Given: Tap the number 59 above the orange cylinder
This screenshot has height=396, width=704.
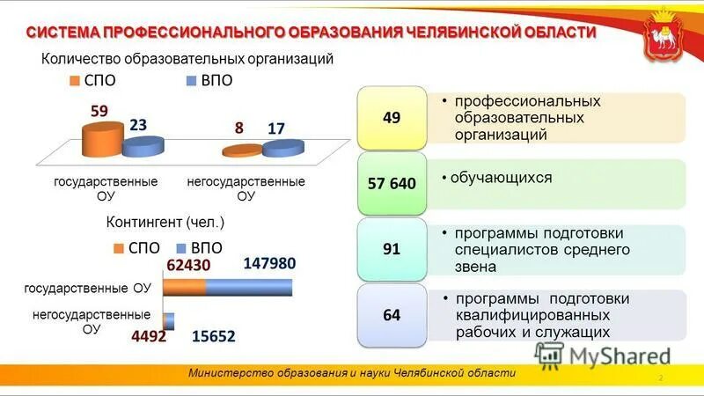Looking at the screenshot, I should click(99, 112).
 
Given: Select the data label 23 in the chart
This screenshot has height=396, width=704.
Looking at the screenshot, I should click(138, 126).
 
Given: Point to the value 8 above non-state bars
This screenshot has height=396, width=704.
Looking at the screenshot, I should click(238, 128).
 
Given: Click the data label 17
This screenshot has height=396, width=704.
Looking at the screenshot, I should click(276, 128).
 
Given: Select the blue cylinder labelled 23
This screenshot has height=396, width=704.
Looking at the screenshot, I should click(143, 147).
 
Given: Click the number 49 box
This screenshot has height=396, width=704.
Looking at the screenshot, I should click(392, 117).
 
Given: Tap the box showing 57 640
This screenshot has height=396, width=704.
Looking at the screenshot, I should click(392, 183).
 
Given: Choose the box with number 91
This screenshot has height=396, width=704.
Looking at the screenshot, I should click(392, 249).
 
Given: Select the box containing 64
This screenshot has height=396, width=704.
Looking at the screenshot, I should click(392, 314).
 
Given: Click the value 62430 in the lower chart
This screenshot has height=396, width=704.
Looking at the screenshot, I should click(189, 264).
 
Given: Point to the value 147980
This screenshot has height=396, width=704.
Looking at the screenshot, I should click(269, 263).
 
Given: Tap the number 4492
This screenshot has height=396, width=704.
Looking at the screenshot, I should click(150, 335).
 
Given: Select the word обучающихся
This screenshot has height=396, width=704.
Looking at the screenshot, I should click(501, 178).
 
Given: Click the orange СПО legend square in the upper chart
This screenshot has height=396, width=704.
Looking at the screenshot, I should click(77, 81).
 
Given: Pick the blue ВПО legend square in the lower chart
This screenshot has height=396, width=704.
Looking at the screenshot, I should click(183, 248).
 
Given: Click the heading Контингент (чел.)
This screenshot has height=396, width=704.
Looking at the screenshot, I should click(165, 221).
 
